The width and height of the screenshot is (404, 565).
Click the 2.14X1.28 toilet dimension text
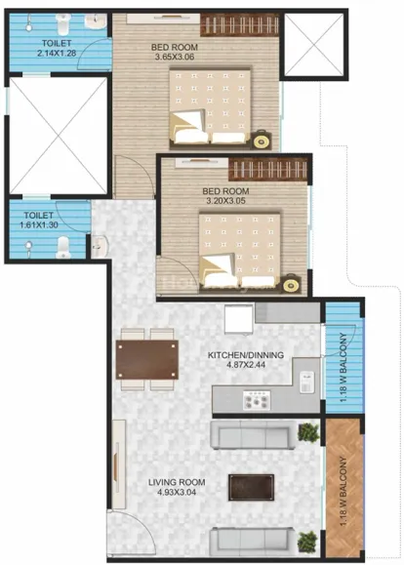[x=57, y=54]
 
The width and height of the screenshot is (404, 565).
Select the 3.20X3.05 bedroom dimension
[x=225, y=201]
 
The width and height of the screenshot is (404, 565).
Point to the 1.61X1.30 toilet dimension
[x=39, y=224]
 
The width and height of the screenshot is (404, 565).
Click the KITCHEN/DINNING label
[x=246, y=355]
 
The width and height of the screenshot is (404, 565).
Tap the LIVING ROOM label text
[x=177, y=482]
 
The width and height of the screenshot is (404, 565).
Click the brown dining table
[x=147, y=359]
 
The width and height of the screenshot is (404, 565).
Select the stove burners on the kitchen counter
[x=257, y=400]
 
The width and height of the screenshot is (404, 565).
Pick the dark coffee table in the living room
[x=251, y=488]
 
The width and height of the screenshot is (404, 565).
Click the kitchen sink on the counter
[x=306, y=383]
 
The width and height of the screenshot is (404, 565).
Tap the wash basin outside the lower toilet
[x=99, y=246]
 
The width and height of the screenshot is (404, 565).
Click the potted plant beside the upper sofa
[x=308, y=432]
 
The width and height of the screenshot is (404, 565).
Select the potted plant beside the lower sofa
[x=307, y=542]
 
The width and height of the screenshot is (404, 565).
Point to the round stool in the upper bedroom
[x=261, y=141]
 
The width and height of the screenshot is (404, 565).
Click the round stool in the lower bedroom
[x=291, y=284]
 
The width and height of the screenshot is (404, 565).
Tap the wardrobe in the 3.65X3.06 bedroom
[x=240, y=24]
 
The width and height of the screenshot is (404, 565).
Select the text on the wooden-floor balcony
[x=343, y=492]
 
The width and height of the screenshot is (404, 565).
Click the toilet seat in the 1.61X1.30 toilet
[x=62, y=248]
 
